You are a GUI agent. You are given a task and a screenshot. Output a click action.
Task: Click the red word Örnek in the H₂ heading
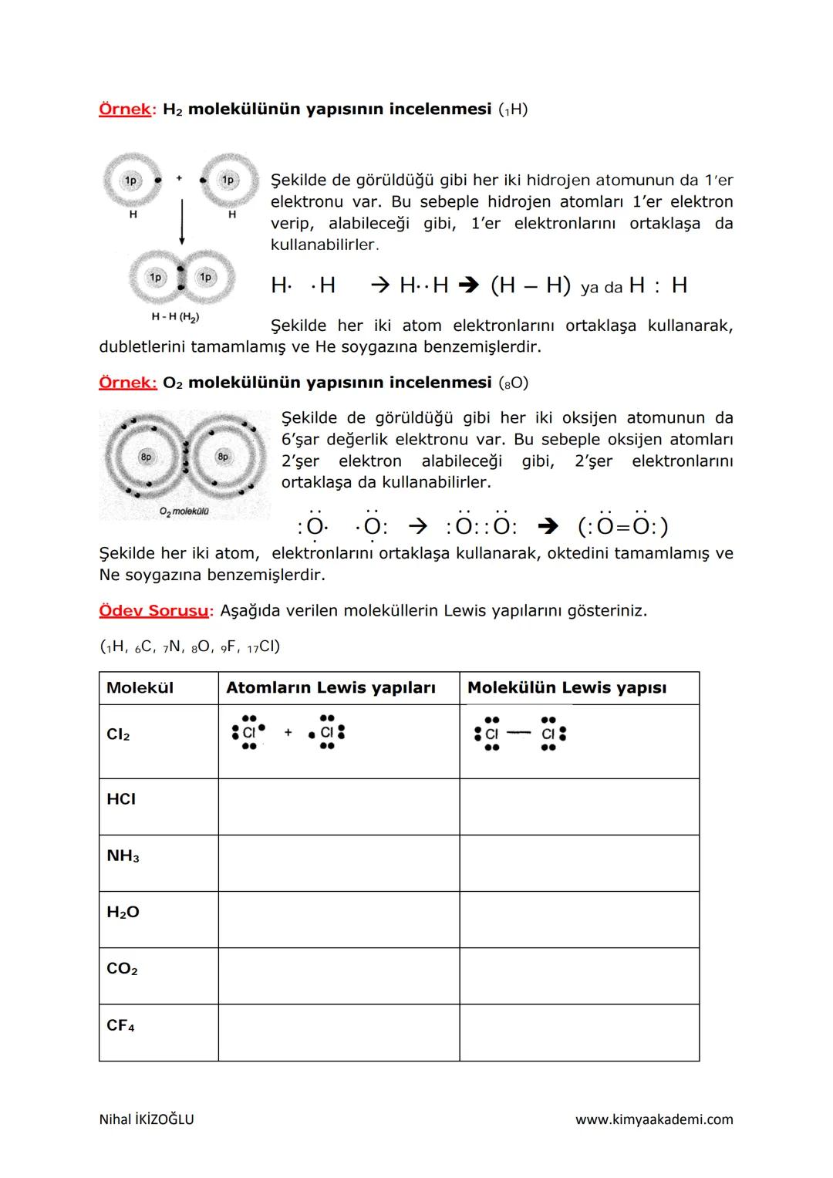(125, 109)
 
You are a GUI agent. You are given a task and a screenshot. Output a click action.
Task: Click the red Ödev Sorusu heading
(153, 610)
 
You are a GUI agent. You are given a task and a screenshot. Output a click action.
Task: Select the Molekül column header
(140, 687)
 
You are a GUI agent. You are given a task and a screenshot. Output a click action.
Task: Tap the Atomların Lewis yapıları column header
(330, 687)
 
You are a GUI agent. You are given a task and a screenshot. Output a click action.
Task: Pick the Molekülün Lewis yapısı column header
(566, 687)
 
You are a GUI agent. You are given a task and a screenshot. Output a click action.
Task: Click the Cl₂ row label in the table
(118, 734)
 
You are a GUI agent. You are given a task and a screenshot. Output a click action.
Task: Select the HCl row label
(121, 799)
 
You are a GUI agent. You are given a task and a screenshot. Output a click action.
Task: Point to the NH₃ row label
(123, 856)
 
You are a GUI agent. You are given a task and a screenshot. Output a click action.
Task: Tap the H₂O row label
(123, 912)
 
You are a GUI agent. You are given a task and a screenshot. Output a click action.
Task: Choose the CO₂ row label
(122, 969)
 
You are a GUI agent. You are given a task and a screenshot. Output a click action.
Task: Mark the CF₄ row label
(120, 1025)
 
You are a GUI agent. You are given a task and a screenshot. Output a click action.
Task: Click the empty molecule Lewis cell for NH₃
(578, 863)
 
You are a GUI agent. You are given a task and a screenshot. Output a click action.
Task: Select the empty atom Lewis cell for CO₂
(339, 976)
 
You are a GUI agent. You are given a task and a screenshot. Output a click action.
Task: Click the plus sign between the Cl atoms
(288, 733)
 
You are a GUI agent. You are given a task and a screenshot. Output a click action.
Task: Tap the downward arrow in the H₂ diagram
(182, 221)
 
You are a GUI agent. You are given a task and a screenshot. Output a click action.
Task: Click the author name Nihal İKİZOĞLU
(147, 1119)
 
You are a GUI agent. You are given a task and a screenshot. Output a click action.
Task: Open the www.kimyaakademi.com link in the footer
(654, 1119)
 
